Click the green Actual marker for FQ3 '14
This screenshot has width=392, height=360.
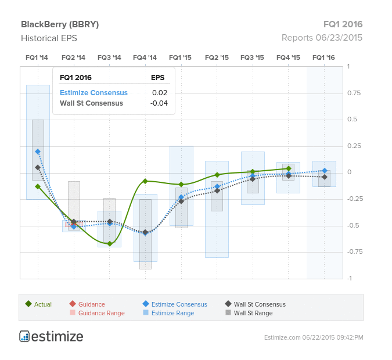110,243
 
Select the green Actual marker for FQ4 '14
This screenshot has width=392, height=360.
145,181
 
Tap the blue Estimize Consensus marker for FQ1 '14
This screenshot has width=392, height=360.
38,152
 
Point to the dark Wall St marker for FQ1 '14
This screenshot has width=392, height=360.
38,167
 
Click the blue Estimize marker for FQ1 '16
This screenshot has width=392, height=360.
325,171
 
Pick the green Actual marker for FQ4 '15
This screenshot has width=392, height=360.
289,168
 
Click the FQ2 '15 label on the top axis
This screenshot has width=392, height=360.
217,57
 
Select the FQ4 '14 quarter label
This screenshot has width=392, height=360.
145,57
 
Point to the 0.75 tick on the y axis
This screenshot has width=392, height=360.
354,93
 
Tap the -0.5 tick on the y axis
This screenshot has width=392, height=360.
354,225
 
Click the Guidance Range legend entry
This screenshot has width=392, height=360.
97,313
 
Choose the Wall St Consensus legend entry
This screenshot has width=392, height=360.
256,304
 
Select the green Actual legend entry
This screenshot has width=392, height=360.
38,304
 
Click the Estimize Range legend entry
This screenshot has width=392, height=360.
168,313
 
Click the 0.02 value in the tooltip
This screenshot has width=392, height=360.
160,93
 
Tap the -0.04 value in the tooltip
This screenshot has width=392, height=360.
159,103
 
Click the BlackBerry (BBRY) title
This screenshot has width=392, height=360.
60,24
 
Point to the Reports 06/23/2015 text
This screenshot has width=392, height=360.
322,38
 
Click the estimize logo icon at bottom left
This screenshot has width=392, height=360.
24,336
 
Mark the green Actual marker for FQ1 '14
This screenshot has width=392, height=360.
38,186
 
